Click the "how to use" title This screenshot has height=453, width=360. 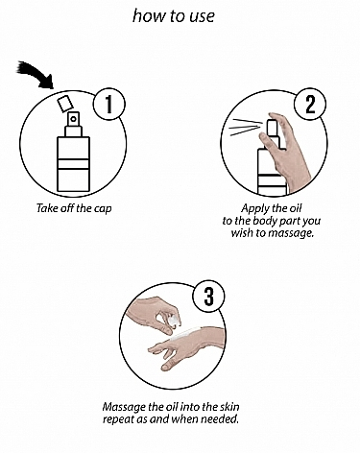174,15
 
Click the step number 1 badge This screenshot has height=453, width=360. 109,104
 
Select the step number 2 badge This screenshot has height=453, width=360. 310,104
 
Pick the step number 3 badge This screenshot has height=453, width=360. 208,297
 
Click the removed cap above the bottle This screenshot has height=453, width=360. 65,103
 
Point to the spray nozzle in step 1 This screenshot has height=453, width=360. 74,119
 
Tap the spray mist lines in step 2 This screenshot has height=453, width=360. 246,127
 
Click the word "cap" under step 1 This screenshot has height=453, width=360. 103,208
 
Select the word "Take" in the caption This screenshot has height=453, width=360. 45,208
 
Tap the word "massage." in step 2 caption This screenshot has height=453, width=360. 291,233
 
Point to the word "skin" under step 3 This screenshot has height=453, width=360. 229,407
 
